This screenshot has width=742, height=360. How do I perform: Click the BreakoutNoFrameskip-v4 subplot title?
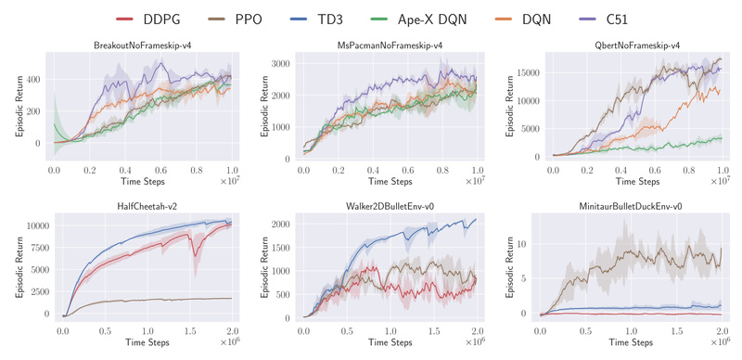(143, 45)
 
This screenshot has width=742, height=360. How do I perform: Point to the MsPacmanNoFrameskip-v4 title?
(390, 45)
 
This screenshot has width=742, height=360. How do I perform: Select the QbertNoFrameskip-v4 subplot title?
(637, 45)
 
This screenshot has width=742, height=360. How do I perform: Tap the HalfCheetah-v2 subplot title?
(143, 204)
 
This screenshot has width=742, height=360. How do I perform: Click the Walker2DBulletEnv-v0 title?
(390, 204)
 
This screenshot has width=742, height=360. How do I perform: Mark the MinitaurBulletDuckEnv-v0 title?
(637, 204)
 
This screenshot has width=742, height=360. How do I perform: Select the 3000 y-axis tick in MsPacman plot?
(283, 64)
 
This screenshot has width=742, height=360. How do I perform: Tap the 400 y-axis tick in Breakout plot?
(35, 79)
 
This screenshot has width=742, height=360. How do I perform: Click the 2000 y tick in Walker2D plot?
(283, 225)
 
